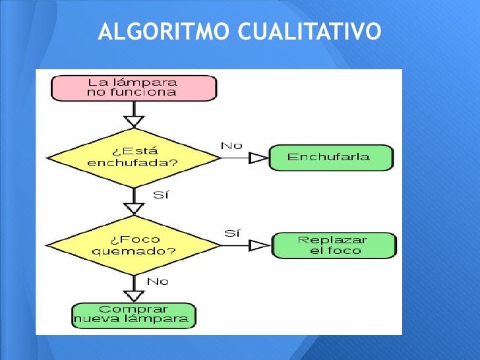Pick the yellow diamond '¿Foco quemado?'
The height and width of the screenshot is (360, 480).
[x=134, y=245]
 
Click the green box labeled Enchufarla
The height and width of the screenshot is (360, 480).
[x=330, y=158]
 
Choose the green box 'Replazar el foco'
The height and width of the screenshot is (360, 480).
[x=334, y=245]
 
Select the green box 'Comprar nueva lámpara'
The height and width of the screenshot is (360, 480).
[x=134, y=315]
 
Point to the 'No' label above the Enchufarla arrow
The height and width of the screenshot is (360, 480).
[x=231, y=146]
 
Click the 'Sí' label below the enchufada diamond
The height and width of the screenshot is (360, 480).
[x=161, y=195]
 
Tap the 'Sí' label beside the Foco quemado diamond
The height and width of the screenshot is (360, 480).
[x=232, y=233]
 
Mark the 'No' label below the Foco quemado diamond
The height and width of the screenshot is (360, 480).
[x=158, y=282]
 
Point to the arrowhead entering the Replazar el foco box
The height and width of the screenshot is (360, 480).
[x=260, y=245]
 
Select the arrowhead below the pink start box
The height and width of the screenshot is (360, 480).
[x=134, y=121]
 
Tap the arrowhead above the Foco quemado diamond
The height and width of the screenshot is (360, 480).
[x=134, y=208]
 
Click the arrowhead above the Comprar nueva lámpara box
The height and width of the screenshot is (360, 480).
[x=134, y=295]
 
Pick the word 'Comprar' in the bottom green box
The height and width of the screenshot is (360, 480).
[x=134, y=309]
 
